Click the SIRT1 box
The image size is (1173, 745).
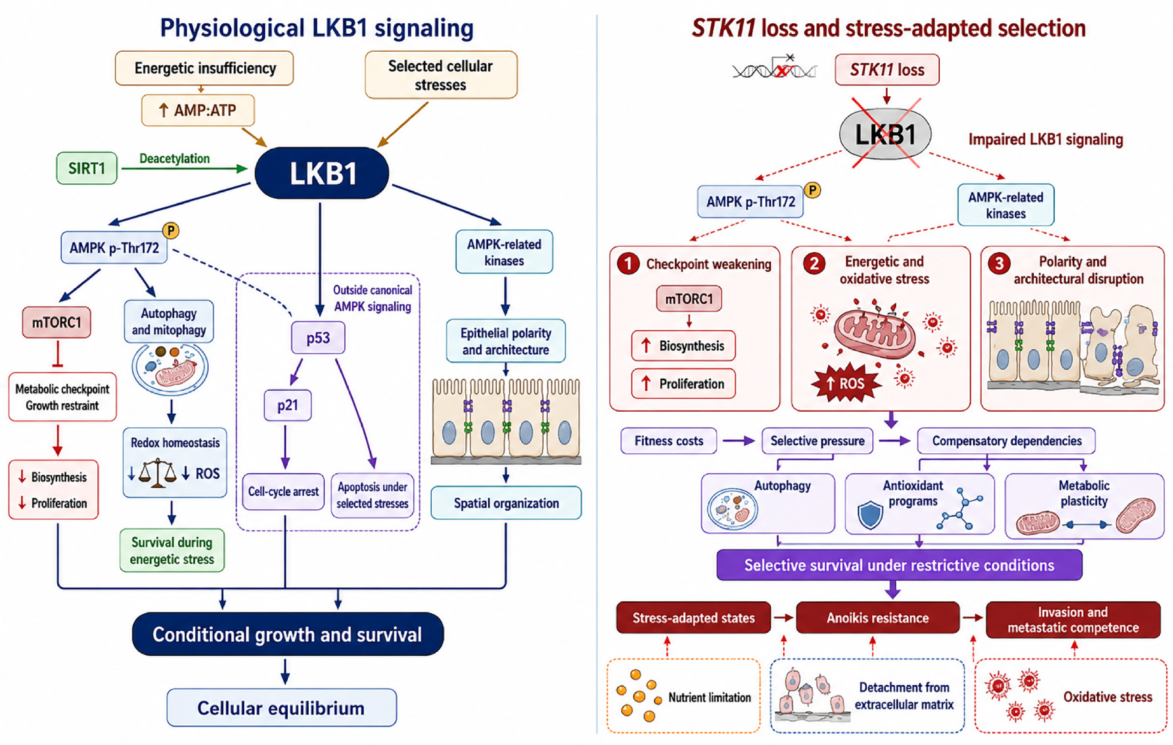(x=87, y=168)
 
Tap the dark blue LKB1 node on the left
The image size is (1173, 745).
(x=322, y=173)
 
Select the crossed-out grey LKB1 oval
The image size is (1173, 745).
(x=885, y=134)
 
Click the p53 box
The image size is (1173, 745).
(x=318, y=337)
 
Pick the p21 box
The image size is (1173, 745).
(x=287, y=405)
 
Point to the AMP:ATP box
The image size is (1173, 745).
(x=198, y=110)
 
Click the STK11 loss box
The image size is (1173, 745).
(x=887, y=70)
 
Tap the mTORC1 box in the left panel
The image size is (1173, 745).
(x=57, y=322)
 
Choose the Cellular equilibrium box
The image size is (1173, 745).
(x=282, y=708)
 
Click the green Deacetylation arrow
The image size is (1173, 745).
(x=185, y=168)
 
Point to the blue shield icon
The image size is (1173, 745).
(x=870, y=515)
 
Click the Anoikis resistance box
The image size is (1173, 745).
(x=878, y=617)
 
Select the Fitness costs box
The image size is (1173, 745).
(x=669, y=441)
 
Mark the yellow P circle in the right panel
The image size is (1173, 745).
(x=812, y=190)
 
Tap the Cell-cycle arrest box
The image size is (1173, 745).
(x=284, y=491)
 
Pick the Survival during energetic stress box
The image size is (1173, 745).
(x=172, y=551)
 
